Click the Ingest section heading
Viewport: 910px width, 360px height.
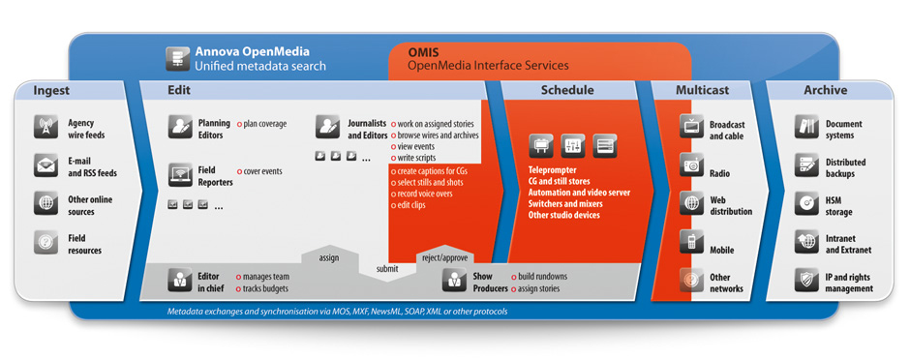tap(51, 90)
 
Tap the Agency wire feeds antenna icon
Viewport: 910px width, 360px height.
tap(45, 127)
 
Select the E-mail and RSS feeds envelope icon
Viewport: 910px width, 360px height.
tap(45, 165)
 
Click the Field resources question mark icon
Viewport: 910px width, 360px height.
tap(45, 242)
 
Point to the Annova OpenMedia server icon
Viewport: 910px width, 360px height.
tap(177, 59)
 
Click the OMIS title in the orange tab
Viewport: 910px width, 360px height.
tap(421, 52)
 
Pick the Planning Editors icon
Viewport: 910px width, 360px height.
tap(180, 127)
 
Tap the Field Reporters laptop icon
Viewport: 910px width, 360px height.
tap(180, 174)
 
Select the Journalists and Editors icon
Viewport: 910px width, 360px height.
tap(328, 127)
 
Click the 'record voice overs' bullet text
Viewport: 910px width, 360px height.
tap(424, 194)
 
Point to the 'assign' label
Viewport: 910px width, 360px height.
tap(328, 257)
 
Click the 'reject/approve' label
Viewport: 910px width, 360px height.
tap(445, 258)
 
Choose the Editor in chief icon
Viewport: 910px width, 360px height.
tap(180, 280)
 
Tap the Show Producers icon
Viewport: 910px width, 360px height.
tap(454, 280)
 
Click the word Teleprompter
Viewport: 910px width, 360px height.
tap(552, 171)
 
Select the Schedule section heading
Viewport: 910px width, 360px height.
tap(567, 90)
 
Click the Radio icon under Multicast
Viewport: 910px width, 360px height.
tap(692, 165)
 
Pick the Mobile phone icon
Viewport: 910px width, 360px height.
tap(692, 242)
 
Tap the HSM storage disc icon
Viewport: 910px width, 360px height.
tap(806, 203)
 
